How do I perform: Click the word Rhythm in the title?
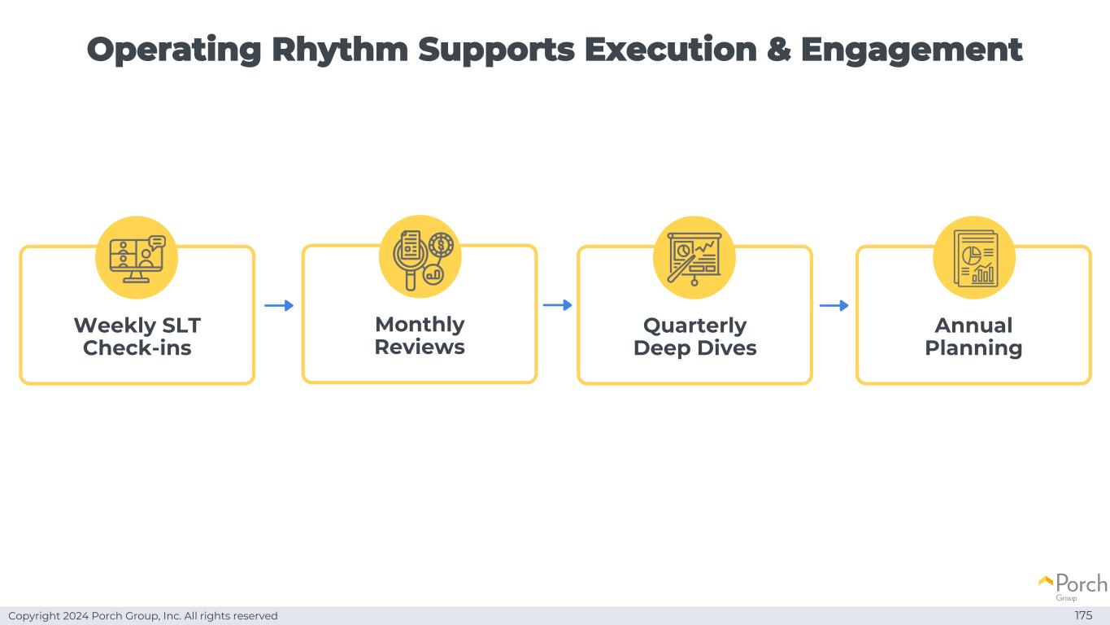coord(339,50)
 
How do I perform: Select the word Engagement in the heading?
coord(911,50)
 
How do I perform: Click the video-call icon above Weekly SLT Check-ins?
coord(137,257)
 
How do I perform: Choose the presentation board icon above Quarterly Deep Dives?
coord(694,257)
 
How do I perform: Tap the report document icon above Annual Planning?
coord(973,257)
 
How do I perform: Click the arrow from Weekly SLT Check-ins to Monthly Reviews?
coord(279,305)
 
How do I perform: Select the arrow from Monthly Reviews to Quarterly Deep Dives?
coord(557,305)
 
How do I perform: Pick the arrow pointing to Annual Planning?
coord(834,305)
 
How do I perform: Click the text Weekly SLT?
coord(137,326)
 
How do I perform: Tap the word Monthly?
coord(420,325)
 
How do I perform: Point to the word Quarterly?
coord(694,326)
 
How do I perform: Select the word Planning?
coord(973,348)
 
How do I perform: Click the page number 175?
coord(1083,615)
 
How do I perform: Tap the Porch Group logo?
coord(1073,586)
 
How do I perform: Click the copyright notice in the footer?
coord(143,616)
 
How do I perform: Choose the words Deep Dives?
coord(694,348)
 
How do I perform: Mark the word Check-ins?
coord(137,348)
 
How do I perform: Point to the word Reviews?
coord(420,347)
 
